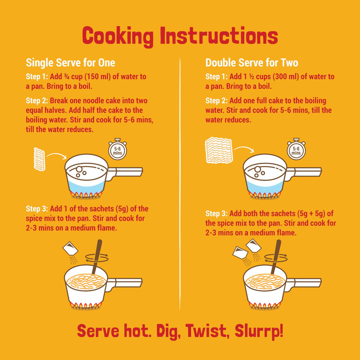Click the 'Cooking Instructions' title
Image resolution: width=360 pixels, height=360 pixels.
click(x=180, y=36)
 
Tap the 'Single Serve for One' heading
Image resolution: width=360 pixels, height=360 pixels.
click(x=70, y=63)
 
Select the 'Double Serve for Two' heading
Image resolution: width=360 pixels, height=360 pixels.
click(x=252, y=63)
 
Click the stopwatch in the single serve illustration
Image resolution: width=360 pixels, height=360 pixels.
click(x=117, y=150)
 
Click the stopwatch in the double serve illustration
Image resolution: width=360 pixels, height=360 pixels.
click(x=296, y=150)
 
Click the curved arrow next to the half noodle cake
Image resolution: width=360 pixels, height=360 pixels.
click(x=58, y=156)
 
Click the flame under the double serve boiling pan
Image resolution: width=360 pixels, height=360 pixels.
click(x=265, y=194)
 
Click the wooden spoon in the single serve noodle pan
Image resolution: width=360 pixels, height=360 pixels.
click(x=96, y=257)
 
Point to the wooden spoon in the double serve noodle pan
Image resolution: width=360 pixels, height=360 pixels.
click(x=276, y=257)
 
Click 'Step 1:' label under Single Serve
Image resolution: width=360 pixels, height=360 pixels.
click(x=36, y=77)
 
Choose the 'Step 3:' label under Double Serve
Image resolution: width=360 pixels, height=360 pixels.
click(x=216, y=214)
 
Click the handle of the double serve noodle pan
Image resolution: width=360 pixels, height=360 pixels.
click(x=303, y=283)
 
